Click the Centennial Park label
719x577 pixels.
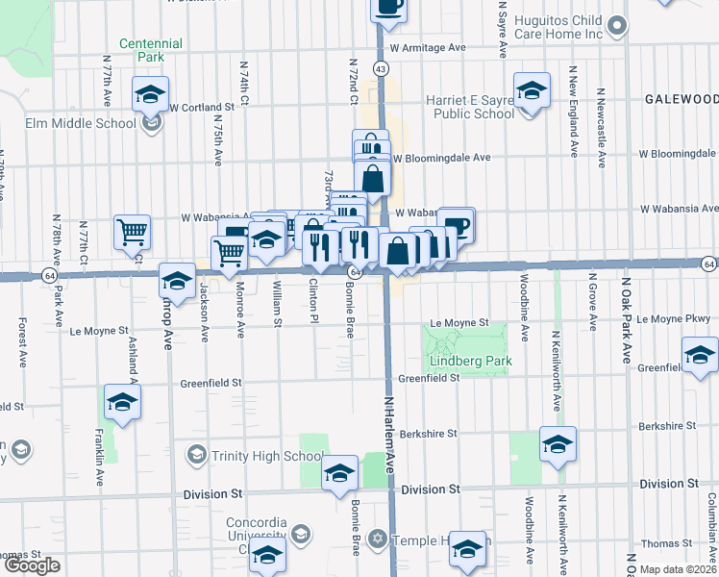(150, 50)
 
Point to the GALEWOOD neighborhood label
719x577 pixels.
(681, 99)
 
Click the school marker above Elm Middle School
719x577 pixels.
(150, 95)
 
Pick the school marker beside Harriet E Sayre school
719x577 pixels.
(532, 91)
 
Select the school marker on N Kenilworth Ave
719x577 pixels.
(558, 444)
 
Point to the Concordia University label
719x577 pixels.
(256, 529)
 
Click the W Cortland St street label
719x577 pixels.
(203, 107)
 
